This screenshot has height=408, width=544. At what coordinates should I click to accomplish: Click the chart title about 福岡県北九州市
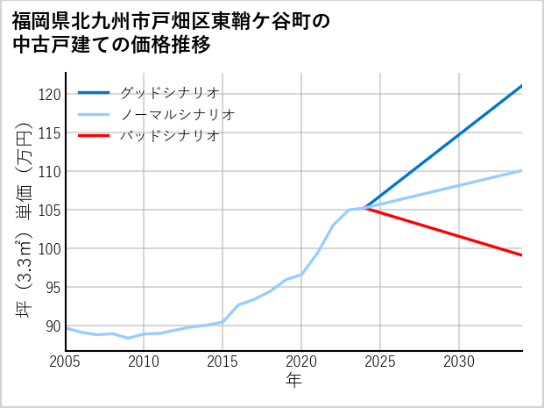[171, 32]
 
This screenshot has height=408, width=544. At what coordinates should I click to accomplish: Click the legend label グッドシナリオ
[169, 92]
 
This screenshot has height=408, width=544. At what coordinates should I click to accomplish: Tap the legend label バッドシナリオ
[169, 136]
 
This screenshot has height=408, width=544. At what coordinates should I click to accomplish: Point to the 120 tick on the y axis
[50, 94]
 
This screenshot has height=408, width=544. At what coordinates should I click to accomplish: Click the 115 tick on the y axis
[50, 132]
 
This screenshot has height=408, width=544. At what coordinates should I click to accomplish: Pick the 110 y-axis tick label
[50, 171]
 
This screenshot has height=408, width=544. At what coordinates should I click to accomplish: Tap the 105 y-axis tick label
[50, 210]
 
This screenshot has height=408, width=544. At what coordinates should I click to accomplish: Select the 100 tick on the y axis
[50, 248]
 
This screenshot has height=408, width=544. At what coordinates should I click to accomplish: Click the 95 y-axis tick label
[53, 287]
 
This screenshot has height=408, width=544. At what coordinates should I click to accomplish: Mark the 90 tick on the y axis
[53, 326]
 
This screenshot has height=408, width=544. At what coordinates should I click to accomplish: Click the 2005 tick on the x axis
[66, 361]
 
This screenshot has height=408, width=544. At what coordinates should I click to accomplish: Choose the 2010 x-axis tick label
[144, 361]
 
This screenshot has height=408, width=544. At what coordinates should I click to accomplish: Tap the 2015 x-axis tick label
[223, 361]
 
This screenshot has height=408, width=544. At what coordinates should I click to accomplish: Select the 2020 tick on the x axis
[301, 361]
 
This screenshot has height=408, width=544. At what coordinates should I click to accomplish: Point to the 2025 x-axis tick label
[380, 361]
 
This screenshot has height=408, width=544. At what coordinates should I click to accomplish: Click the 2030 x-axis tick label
[459, 361]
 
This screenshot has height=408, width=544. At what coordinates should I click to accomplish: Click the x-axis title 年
[293, 381]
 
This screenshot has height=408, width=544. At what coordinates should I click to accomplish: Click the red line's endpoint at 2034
[522, 255]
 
